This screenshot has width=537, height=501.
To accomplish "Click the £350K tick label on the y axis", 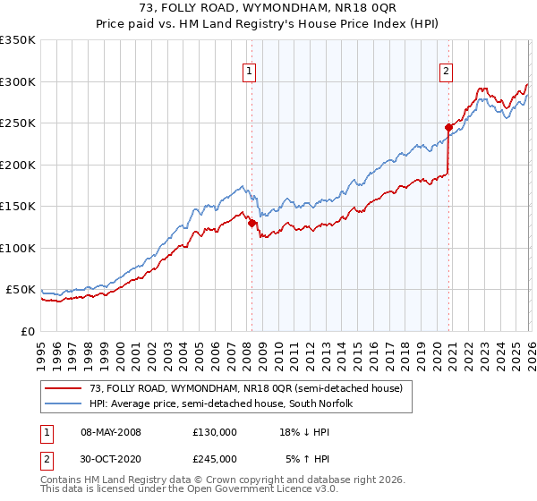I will (x=17, y=40).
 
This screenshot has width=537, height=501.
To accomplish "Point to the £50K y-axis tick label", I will (x=21, y=290).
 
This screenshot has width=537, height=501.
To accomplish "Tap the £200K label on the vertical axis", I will (x=17, y=165).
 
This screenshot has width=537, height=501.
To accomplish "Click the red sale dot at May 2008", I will (x=251, y=224).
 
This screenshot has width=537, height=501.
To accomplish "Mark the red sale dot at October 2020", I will (x=448, y=128).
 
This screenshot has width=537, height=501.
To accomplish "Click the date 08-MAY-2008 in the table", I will (x=111, y=432).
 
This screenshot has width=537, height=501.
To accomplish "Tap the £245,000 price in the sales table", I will (x=214, y=459).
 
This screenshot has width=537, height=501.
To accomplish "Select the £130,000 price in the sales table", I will (x=214, y=432).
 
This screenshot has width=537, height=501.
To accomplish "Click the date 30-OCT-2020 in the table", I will (x=111, y=459).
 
